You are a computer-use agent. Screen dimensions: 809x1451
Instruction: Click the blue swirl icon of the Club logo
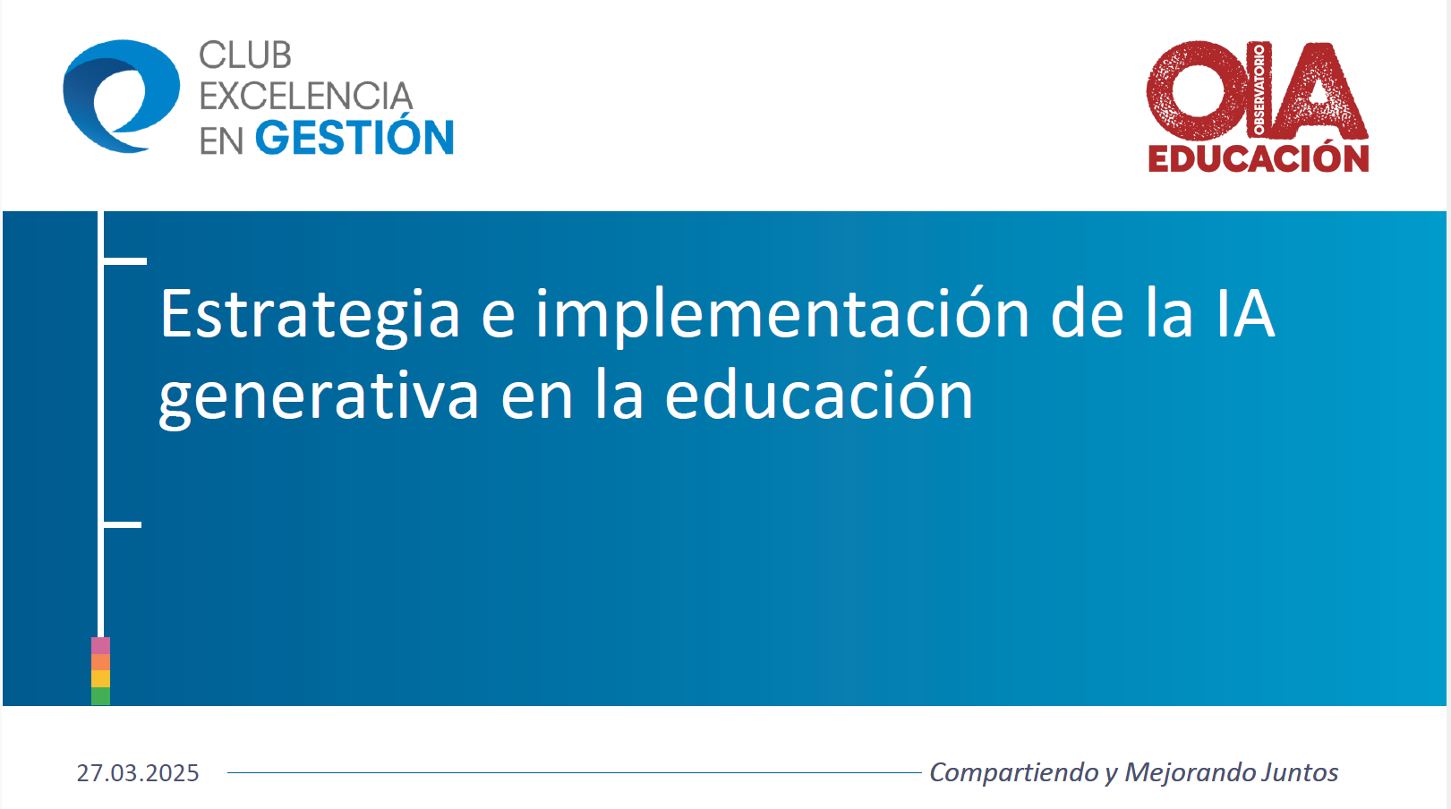(121, 97)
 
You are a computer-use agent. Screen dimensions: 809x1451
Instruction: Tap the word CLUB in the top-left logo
(245, 55)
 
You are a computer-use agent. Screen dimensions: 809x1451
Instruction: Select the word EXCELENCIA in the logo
(305, 97)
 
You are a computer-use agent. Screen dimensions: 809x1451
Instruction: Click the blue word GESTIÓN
(354, 138)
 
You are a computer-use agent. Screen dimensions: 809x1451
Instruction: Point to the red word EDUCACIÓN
(1259, 158)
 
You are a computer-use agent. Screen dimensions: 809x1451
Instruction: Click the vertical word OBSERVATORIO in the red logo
(1259, 89)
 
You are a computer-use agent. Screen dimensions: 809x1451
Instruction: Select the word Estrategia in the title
(310, 315)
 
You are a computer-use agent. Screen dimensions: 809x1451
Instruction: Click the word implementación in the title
(782, 315)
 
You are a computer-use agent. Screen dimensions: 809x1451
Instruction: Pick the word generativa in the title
(319, 397)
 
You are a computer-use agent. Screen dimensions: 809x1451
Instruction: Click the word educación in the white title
(818, 396)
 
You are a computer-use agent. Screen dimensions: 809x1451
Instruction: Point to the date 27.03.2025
(138, 773)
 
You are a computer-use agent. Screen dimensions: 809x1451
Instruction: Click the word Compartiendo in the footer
(1014, 772)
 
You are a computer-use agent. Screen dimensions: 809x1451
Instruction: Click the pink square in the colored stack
(100, 645)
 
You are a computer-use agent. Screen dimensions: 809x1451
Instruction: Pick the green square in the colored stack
(100, 696)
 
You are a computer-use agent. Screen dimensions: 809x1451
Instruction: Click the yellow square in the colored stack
(100, 679)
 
